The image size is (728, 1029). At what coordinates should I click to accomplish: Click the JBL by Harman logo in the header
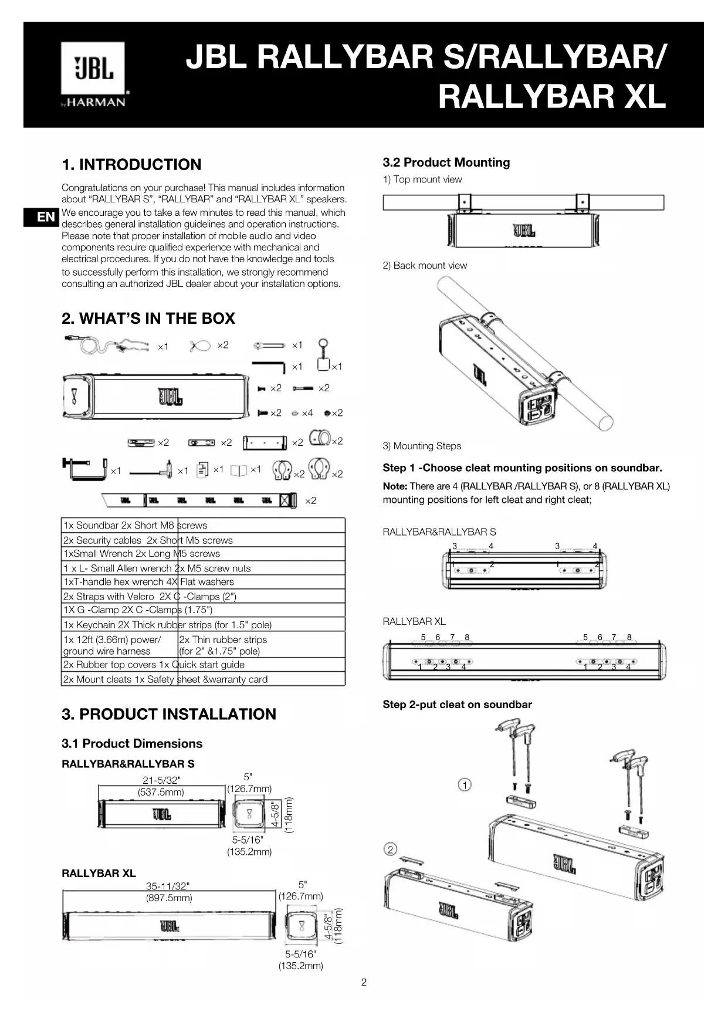(x=93, y=75)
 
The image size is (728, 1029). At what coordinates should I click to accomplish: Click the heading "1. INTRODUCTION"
(x=131, y=164)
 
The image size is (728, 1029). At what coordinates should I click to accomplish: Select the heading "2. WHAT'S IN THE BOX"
(x=148, y=319)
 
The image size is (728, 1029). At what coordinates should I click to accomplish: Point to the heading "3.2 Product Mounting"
(x=446, y=163)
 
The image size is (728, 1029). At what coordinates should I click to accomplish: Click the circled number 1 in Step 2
(x=464, y=785)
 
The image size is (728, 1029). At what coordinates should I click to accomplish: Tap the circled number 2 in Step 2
(x=390, y=849)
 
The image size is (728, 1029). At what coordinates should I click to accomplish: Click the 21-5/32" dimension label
(x=161, y=780)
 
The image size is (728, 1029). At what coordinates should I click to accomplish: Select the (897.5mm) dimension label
(x=169, y=898)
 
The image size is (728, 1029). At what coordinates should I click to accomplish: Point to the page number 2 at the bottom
(x=364, y=982)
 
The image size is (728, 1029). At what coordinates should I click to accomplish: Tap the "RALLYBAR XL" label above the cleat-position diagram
(x=414, y=621)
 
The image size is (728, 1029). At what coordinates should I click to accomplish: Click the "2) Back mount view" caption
(x=425, y=265)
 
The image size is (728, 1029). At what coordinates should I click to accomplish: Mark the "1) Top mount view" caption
(x=422, y=180)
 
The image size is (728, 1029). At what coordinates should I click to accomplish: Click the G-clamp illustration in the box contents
(x=84, y=468)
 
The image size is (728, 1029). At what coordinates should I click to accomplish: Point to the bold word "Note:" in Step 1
(x=395, y=486)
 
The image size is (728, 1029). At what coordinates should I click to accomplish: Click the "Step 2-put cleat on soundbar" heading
(x=457, y=705)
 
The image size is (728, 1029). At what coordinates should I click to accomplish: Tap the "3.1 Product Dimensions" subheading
(x=132, y=743)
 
